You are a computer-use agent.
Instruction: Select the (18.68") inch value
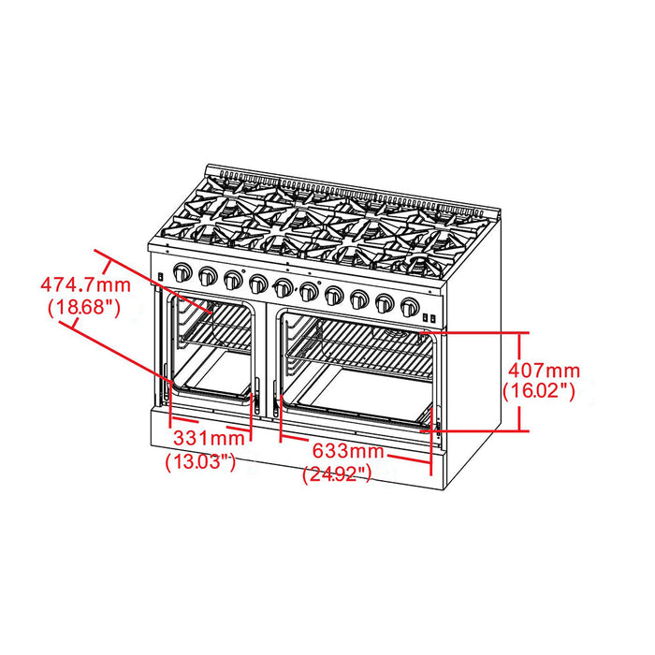click(82, 306)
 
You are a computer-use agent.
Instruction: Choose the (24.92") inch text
click(339, 474)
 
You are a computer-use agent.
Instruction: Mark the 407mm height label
click(541, 371)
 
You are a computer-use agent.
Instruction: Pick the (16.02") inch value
click(538, 392)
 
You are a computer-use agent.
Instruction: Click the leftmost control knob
click(182, 273)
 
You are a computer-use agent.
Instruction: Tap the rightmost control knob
click(409, 305)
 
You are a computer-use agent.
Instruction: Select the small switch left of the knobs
click(162, 276)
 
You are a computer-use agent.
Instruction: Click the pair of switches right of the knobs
click(429, 319)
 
